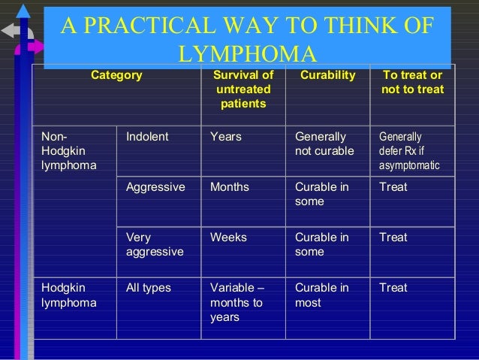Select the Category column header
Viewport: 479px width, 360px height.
116,75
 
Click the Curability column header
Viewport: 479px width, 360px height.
327,75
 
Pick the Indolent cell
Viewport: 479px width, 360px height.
148,137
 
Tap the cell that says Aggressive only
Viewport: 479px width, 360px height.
155,187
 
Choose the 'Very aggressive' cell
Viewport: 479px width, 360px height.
155,244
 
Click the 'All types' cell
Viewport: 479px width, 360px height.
149,288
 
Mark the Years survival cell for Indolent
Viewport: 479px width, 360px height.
226,137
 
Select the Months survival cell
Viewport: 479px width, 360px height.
230,187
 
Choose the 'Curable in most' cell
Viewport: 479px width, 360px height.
321,295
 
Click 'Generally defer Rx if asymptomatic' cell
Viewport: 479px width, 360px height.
409,150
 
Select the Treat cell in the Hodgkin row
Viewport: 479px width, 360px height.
393,288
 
